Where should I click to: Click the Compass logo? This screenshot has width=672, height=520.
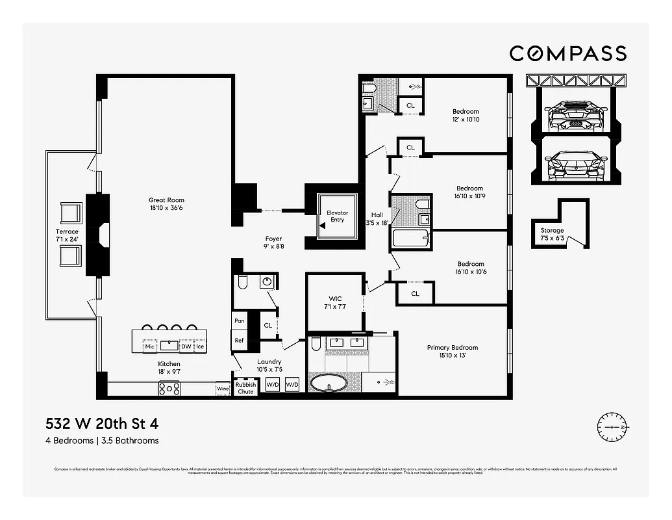[567, 53]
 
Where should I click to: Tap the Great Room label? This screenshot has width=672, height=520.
[166, 200]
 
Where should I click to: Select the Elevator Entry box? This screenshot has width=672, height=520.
[337, 216]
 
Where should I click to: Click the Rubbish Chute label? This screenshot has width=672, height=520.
[245, 388]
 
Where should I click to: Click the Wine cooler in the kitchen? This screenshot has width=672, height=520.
[223, 389]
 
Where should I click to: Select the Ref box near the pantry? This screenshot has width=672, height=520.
[239, 340]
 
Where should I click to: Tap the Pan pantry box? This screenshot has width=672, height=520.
[239, 321]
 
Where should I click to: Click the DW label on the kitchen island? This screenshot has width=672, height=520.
[186, 346]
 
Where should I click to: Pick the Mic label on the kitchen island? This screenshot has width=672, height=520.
[150, 346]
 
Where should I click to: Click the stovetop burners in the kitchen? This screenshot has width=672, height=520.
[169, 389]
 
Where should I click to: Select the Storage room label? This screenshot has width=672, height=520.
[552, 230]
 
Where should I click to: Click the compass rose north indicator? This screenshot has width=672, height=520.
[613, 428]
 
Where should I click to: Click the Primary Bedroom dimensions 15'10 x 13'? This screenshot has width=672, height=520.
[452, 356]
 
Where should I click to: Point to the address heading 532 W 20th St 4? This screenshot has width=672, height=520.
[102, 424]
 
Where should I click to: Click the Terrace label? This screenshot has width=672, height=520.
[67, 231]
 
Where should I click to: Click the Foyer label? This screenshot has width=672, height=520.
[273, 239]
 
